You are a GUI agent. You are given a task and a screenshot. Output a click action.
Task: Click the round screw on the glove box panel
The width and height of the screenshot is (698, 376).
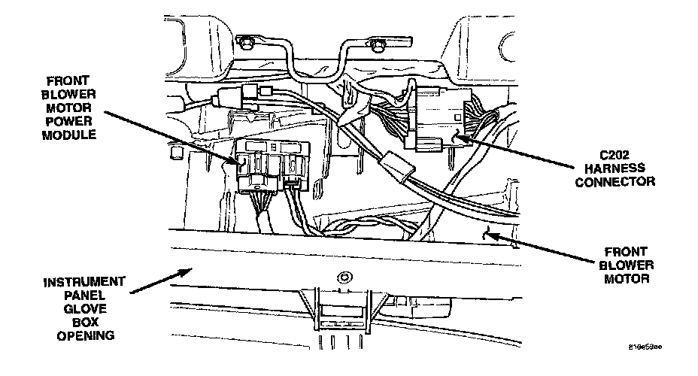pos(345,275)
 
